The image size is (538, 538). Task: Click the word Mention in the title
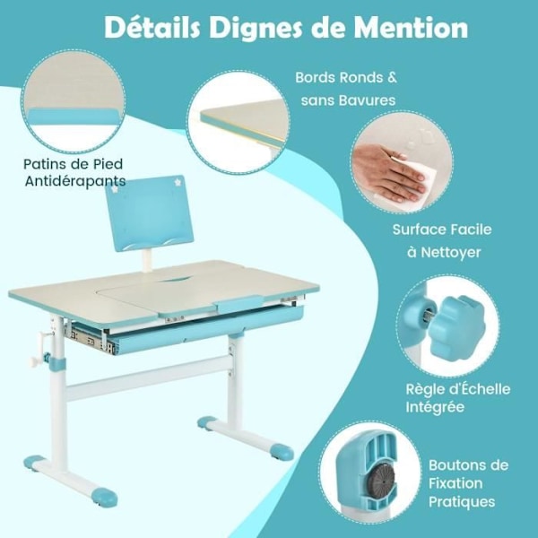[x=411, y=28]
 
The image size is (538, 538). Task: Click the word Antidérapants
[x=75, y=181]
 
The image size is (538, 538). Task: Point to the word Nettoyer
[x=450, y=253]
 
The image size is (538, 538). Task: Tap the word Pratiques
[x=462, y=501]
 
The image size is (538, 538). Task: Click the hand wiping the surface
[x=390, y=172]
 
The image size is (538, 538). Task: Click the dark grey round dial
[x=380, y=479]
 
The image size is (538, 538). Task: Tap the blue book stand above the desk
[x=150, y=213]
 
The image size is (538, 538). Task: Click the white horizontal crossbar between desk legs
[x=148, y=377]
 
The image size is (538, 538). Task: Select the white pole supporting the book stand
[x=148, y=260]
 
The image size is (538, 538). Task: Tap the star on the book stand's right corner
[x=178, y=181]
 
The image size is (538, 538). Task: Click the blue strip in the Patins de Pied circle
[x=73, y=117]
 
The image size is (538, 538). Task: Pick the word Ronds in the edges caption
[x=361, y=77]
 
